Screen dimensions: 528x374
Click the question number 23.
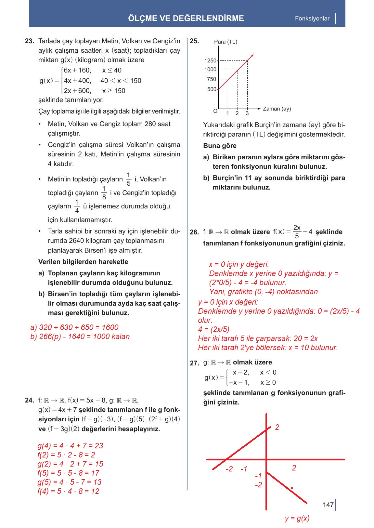point(29,41)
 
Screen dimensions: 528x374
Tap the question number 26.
point(194,232)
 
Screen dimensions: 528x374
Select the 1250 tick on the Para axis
point(211,60)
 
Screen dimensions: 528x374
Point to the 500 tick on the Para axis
point(212,89)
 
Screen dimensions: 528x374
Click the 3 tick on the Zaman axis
point(247,113)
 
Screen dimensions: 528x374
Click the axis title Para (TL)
point(226,42)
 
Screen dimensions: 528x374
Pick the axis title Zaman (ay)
point(277,109)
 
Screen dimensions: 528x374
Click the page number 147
point(328,505)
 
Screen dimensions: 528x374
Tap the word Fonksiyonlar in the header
point(312,19)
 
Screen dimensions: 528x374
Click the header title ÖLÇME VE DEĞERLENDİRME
point(186,18)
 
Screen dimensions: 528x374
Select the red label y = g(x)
point(297,518)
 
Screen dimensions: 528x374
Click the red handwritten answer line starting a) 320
point(74,327)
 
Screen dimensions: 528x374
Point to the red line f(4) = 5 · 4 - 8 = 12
point(68,491)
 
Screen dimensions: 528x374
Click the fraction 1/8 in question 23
point(104,192)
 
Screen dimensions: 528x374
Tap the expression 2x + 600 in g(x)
point(78,91)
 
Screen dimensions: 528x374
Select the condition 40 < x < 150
point(121,81)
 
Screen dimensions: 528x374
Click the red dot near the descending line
point(292,488)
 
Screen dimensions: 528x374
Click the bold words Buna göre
point(220,146)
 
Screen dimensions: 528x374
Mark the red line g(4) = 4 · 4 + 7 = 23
point(70,446)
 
